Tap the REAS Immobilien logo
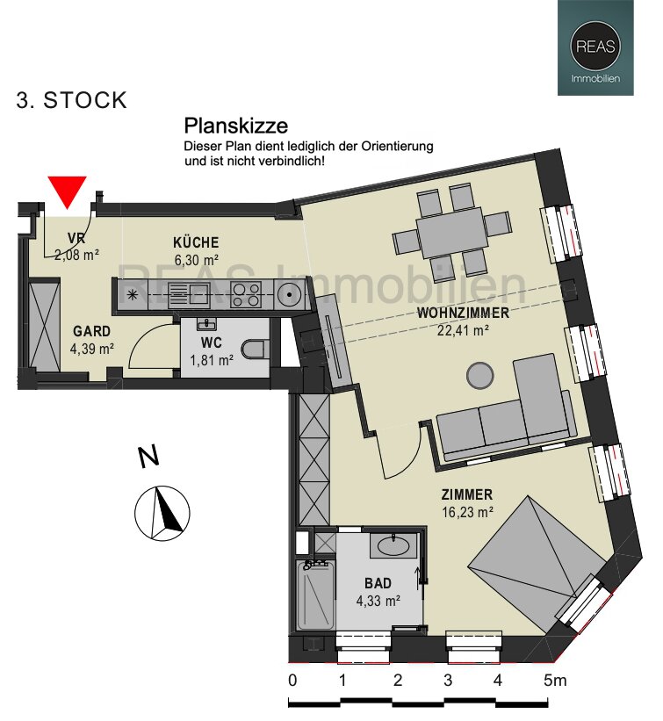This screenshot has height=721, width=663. (x=596, y=47)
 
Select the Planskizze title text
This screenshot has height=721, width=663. (x=235, y=126)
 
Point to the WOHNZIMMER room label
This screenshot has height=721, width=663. (x=463, y=313)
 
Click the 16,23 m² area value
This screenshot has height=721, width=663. (x=467, y=511)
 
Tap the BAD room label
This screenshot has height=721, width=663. (x=378, y=583)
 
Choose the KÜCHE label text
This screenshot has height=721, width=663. (x=196, y=242)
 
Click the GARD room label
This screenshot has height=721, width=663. (x=91, y=332)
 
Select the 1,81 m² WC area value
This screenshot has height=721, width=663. (x=212, y=359)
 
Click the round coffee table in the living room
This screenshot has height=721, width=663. (x=481, y=375)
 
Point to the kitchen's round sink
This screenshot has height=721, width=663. (x=288, y=294)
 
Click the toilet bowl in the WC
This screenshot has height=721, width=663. (x=256, y=350)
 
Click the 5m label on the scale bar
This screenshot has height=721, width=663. (x=554, y=681)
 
